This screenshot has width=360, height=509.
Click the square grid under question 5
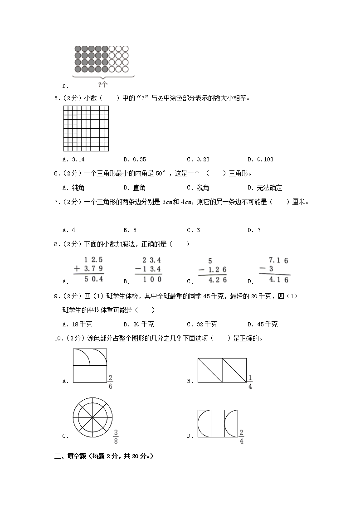[x=86, y=128]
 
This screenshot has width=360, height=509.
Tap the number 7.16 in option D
[x=278, y=260]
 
